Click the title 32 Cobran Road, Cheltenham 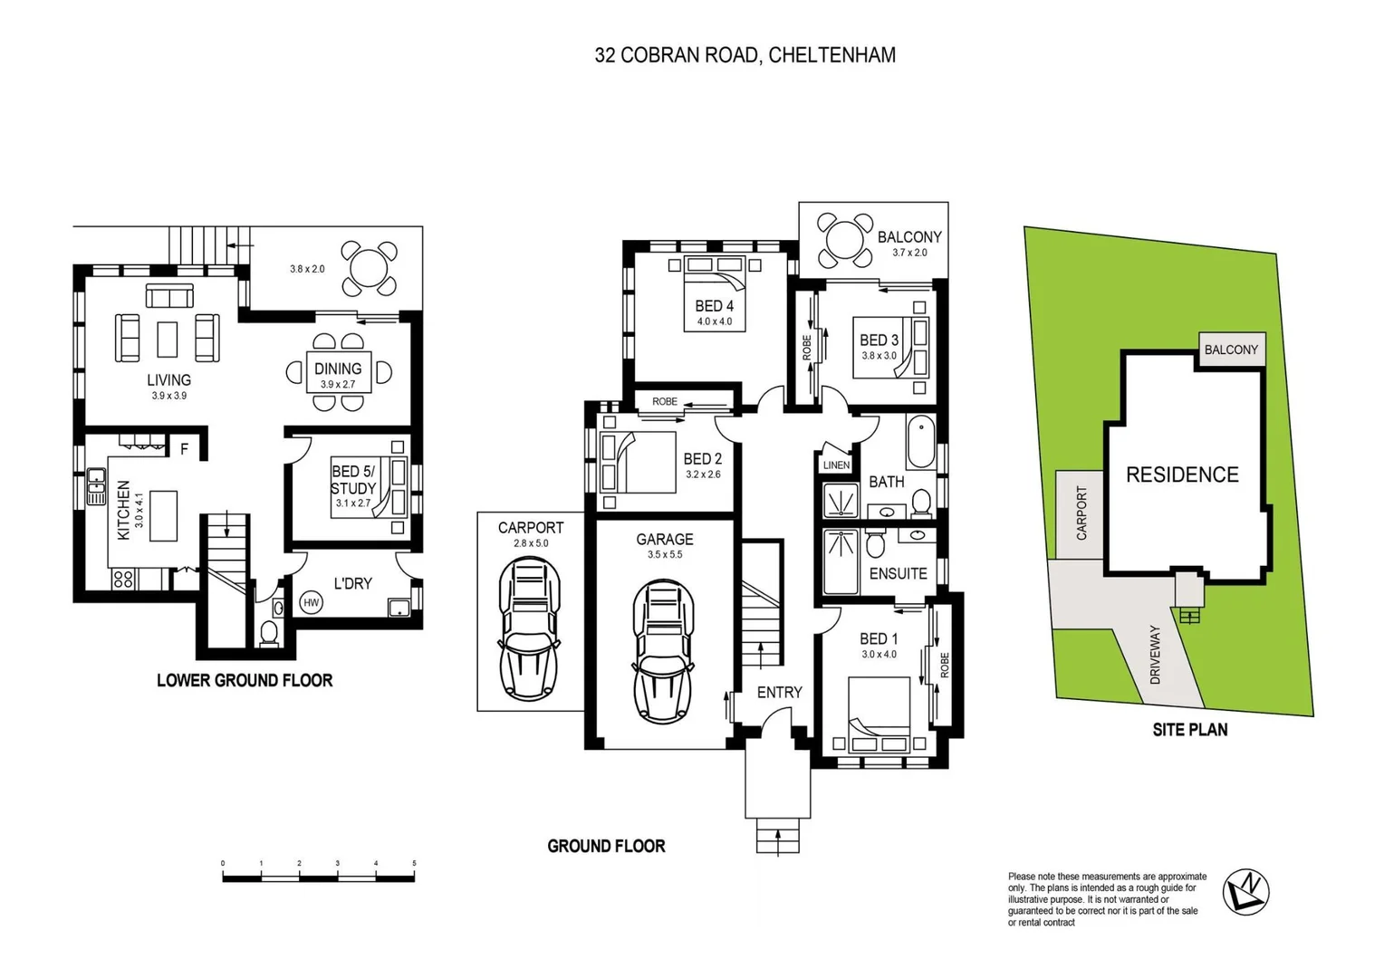(x=745, y=55)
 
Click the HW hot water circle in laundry (x=311, y=602)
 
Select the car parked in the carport (x=530, y=628)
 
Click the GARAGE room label (x=664, y=540)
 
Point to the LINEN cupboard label (x=836, y=465)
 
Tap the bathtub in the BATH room (x=921, y=441)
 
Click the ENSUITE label (x=898, y=573)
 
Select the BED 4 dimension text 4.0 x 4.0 (x=715, y=321)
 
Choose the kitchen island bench (x=163, y=515)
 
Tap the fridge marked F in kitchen (x=184, y=448)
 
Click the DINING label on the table (x=338, y=369)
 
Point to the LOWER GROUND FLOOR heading (x=245, y=680)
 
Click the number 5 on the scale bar (x=414, y=864)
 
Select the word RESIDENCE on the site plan (x=1182, y=475)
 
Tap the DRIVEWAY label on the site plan (x=1155, y=653)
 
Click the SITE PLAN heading (x=1189, y=730)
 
